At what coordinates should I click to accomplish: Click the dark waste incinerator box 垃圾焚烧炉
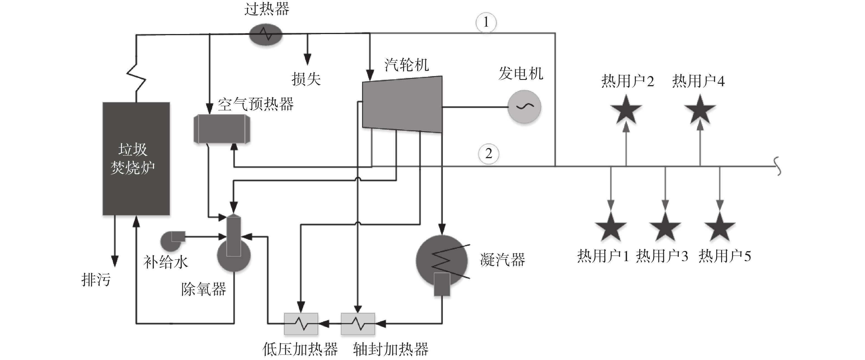(136, 158)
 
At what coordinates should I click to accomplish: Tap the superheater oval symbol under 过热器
(266, 34)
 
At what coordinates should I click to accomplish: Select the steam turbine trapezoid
(402, 104)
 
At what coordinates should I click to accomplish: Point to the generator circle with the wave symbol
(524, 107)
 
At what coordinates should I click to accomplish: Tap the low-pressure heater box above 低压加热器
(301, 324)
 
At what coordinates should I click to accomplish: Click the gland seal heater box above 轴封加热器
(358, 324)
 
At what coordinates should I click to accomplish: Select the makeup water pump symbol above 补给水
(172, 241)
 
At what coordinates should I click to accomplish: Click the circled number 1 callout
(486, 23)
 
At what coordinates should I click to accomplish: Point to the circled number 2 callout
(489, 154)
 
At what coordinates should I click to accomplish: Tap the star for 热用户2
(626, 110)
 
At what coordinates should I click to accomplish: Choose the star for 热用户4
(700, 110)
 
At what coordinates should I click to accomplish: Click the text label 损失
(306, 79)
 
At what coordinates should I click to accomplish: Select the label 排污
(96, 279)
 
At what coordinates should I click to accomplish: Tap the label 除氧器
(204, 289)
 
